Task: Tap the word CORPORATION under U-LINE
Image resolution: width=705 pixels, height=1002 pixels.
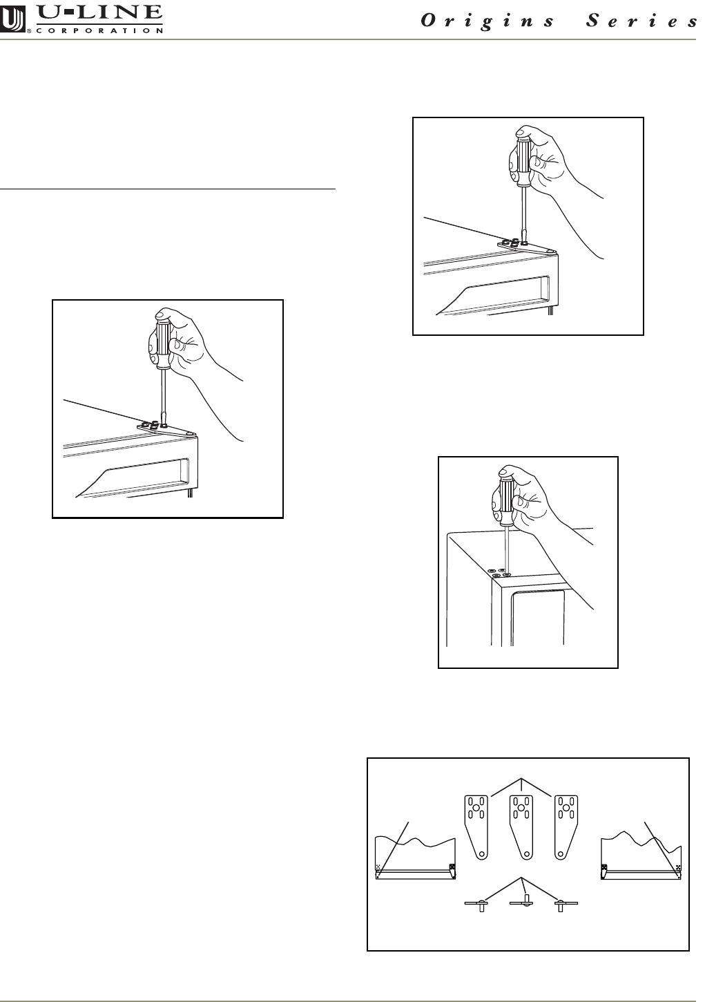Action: click(x=99, y=30)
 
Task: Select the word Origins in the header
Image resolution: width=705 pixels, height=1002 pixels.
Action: click(x=487, y=21)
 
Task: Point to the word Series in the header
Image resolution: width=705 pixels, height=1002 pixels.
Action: click(x=642, y=21)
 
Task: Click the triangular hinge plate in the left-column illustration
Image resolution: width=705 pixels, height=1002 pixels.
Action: click(x=166, y=430)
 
